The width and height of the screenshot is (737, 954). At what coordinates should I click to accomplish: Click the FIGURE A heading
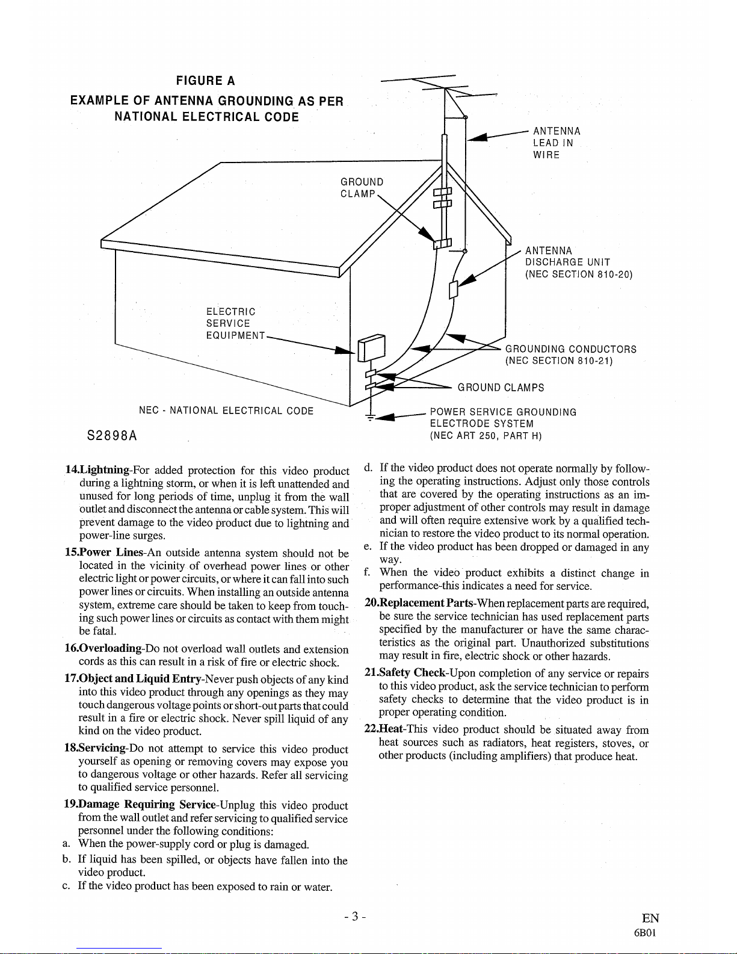pos(205,81)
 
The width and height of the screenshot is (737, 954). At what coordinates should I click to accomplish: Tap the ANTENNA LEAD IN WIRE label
pos(557,143)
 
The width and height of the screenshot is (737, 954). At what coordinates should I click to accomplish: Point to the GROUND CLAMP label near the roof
pos(362,188)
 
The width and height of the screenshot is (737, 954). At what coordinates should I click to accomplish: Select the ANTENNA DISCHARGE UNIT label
pos(578,262)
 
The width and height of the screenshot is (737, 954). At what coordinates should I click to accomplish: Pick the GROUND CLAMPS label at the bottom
pos(501,388)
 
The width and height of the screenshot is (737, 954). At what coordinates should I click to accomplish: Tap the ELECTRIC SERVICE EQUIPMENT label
pos(235,323)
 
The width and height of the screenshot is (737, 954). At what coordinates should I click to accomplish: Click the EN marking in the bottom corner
pos(650,918)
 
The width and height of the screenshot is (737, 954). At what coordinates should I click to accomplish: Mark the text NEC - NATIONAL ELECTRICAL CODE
pos(226,411)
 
